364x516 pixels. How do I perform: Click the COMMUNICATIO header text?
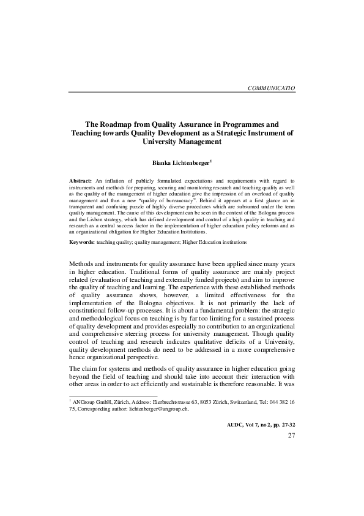(x=271, y=88)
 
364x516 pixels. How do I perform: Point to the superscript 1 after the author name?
(x=211, y=161)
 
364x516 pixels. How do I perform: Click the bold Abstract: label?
(x=80, y=181)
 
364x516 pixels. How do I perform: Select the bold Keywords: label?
(x=82, y=243)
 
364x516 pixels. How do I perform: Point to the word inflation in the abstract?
(x=114, y=181)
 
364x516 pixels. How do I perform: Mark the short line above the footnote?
(x=113, y=395)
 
